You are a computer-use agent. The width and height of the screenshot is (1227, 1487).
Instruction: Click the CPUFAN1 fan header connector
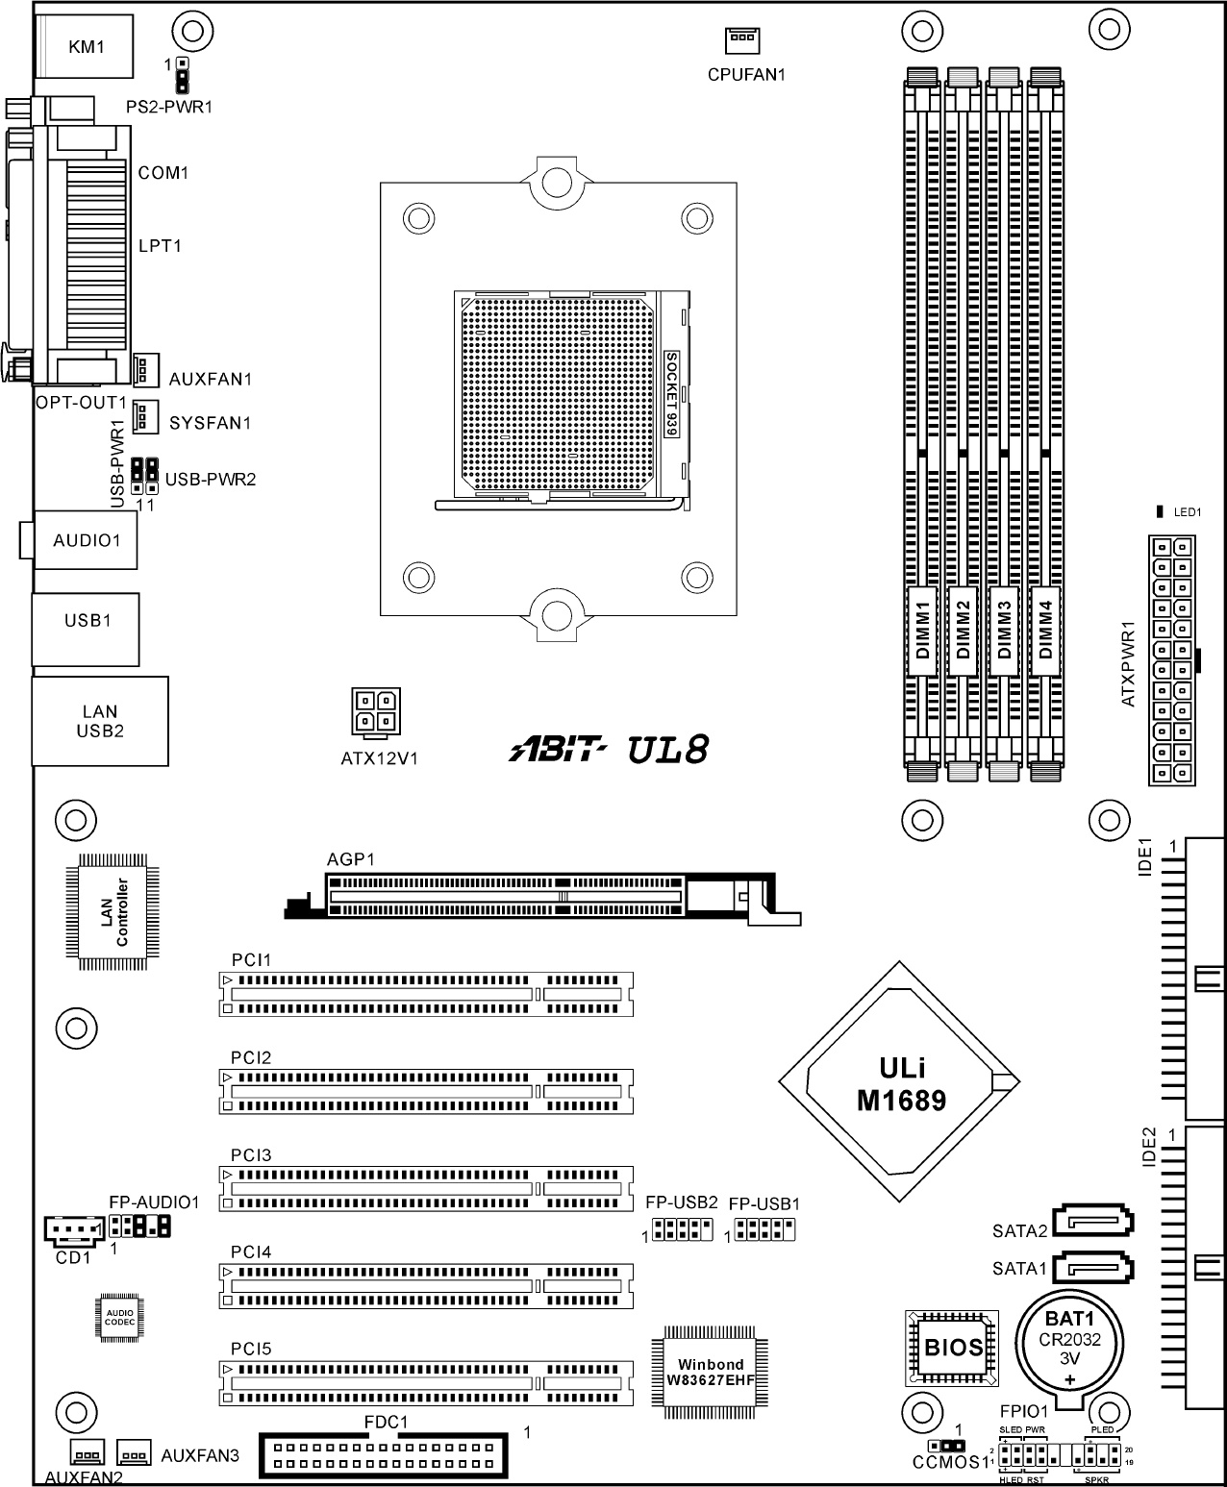coord(741,40)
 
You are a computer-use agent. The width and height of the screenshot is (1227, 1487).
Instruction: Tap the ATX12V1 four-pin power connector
coord(376,710)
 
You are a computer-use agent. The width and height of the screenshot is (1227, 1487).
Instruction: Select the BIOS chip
coord(951,1349)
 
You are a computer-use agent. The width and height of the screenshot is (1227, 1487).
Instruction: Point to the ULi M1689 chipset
coord(899,1081)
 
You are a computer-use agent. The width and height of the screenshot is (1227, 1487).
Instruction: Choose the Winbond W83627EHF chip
coord(710,1372)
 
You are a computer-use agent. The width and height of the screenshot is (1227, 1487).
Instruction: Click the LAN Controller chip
coord(113,912)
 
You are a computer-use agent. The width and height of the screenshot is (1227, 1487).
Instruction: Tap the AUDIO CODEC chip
coord(119,1318)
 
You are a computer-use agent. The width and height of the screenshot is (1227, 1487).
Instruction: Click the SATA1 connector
coord(1092,1269)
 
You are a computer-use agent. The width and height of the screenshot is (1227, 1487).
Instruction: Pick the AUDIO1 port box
coord(85,540)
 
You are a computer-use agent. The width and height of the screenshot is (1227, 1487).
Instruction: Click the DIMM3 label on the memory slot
coord(1004,631)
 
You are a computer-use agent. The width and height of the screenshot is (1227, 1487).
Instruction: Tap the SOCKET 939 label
coord(671,394)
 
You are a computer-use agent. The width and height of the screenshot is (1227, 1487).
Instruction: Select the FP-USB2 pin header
coord(683,1229)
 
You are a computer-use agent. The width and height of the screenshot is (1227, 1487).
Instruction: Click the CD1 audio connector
coord(74,1230)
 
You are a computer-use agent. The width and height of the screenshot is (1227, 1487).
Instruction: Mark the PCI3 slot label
coord(251,1154)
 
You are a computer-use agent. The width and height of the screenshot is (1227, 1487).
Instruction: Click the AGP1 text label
coord(351,859)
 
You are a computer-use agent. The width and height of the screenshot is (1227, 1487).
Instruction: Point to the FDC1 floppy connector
coord(384,1455)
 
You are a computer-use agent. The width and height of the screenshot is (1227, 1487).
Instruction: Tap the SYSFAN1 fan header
coord(145,415)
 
